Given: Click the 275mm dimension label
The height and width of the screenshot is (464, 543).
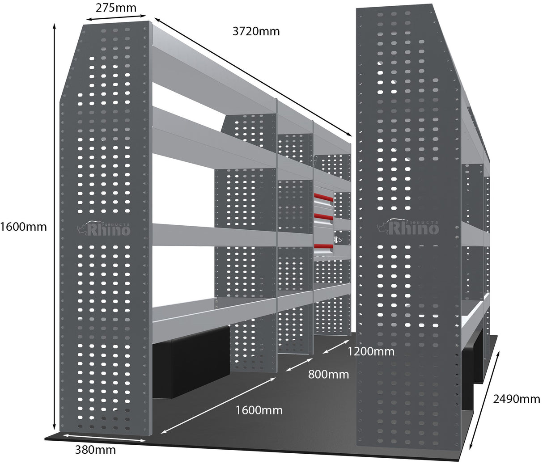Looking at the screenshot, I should (116, 8).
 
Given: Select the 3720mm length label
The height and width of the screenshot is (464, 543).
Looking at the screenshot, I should (256, 31).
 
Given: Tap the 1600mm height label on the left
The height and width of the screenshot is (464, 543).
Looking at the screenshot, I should (23, 227).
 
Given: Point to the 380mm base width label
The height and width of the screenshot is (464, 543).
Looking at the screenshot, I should (95, 450).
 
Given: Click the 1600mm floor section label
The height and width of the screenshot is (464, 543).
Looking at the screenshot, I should (259, 409).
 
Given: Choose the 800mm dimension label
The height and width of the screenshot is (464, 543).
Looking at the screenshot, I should (328, 374).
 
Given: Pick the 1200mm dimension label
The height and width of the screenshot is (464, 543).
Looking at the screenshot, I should (371, 351).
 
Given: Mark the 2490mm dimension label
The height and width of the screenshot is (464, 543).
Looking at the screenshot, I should (517, 399).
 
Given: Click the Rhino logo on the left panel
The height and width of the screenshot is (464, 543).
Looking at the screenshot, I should (104, 228).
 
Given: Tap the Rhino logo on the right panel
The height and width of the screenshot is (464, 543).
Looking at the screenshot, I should (408, 227).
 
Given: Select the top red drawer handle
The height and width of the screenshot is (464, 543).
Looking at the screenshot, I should (324, 196).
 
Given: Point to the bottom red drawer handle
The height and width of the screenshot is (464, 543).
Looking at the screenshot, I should (323, 246).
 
